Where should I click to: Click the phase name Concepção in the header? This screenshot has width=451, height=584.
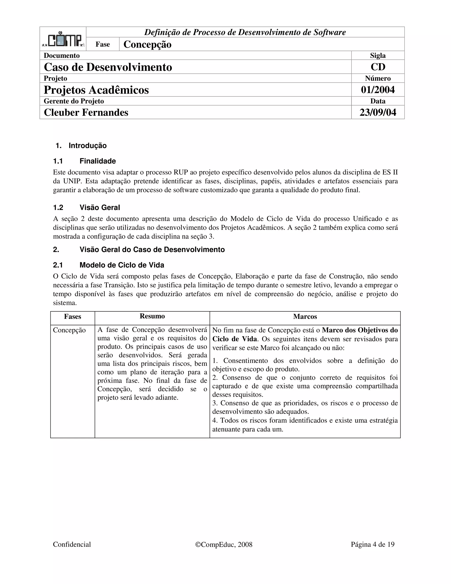(x=147, y=44)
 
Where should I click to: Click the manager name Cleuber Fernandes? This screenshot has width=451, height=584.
(x=86, y=113)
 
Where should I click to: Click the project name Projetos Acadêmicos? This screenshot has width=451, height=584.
(x=96, y=90)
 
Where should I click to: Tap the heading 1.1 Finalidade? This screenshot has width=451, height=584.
(x=84, y=161)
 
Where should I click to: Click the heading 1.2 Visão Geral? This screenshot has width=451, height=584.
(x=86, y=208)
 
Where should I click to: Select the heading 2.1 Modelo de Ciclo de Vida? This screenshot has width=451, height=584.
(x=109, y=265)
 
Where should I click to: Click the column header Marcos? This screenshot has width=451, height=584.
(x=305, y=317)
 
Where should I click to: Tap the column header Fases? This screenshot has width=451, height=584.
(x=72, y=317)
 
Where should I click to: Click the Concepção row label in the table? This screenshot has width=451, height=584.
(x=69, y=330)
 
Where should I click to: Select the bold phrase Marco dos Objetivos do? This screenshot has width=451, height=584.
(x=360, y=330)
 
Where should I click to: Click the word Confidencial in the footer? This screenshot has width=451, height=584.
(x=72, y=544)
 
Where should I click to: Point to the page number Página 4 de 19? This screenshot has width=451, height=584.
(x=372, y=544)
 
